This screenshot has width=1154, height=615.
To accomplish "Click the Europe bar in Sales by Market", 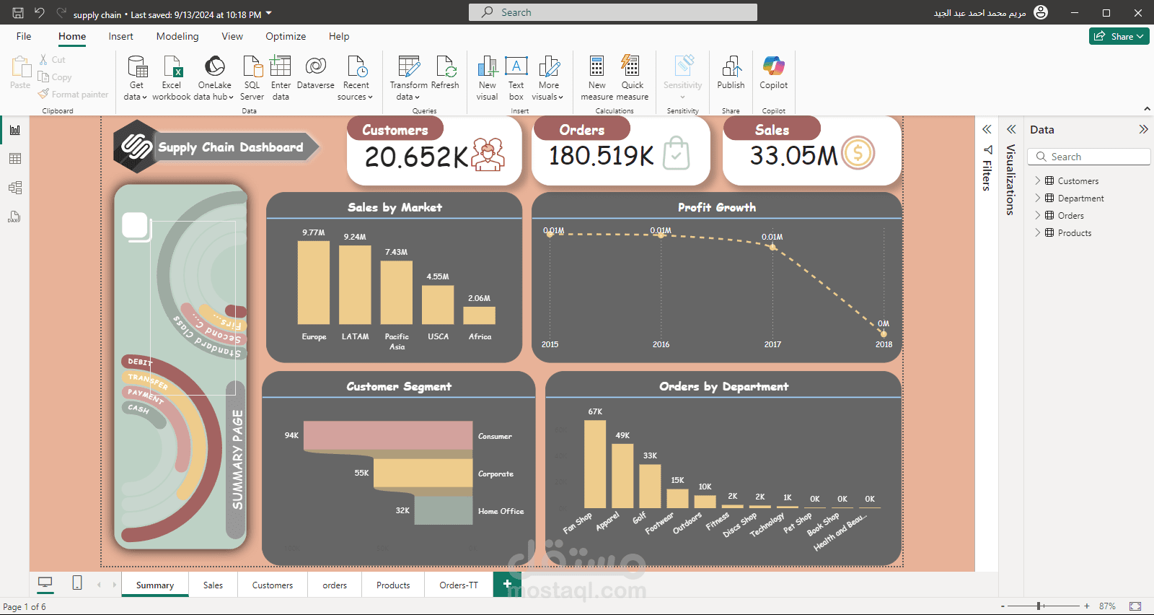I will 314,282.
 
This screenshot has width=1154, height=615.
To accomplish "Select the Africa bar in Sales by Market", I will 479,315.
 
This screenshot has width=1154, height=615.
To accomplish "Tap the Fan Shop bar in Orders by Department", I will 595,464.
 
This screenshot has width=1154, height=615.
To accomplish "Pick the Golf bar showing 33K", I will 650,486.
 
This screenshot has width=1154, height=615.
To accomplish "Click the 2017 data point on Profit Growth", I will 772,247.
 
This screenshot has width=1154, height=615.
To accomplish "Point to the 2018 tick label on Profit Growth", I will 884,344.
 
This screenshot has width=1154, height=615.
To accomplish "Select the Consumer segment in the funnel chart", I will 388,436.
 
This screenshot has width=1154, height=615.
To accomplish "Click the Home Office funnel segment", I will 443,510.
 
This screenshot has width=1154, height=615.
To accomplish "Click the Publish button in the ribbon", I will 731,74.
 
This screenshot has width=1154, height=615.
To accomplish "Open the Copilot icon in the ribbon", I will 773,74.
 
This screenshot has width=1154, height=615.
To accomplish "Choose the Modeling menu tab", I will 177,36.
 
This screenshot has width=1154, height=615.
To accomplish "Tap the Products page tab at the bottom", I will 393,585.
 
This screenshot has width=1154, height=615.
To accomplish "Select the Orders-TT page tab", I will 459,585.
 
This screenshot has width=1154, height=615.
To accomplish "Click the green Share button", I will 1119,36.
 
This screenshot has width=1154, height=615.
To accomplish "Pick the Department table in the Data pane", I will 1080,199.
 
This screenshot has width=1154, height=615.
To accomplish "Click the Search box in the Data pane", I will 1089,157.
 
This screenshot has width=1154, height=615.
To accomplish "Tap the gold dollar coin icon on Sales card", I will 858,153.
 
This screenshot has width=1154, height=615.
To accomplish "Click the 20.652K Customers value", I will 416,157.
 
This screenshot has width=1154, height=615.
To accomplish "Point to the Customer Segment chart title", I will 399,386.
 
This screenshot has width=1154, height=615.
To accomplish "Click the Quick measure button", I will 632,77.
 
